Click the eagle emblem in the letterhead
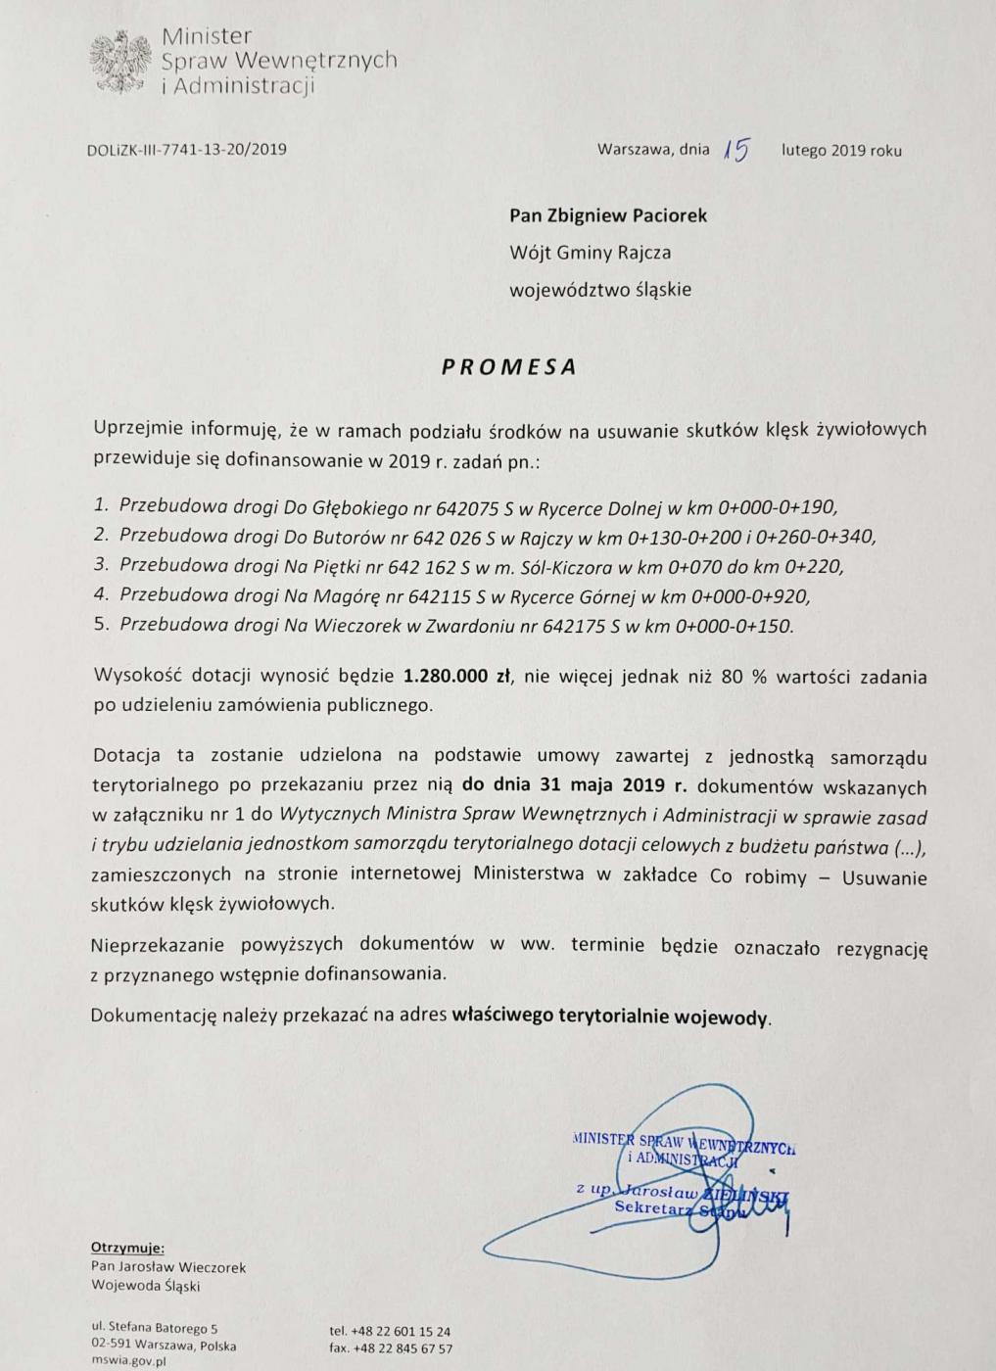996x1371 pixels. pos(119,63)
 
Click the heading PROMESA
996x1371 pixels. pos(507,367)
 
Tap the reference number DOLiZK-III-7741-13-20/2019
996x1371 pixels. pos(186,150)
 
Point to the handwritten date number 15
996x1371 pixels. pos(735,149)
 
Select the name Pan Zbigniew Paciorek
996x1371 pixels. pos(607,214)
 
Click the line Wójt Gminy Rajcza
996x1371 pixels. pos(590,253)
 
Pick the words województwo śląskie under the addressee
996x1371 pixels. pos(599,290)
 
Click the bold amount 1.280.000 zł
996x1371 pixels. pos(459,677)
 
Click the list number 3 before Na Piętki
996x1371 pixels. pos(100,565)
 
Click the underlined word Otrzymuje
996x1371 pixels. pos(127,1248)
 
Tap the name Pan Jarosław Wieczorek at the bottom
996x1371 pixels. pos(167,1267)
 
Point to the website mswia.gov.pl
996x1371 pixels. pos(128,1361)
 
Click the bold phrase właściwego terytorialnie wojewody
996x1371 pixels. pos(610,1016)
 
